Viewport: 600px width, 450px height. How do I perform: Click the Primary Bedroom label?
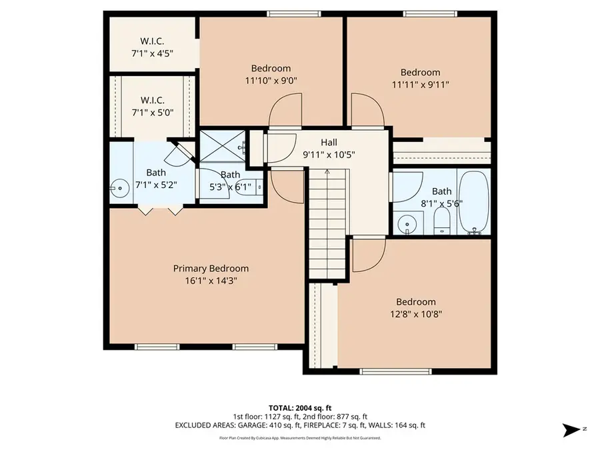coord(211,269)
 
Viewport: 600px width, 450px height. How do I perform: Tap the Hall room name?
coord(329,142)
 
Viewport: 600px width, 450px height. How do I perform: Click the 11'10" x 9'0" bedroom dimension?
coord(271,80)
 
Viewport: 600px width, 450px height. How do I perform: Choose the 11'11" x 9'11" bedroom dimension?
coord(420,85)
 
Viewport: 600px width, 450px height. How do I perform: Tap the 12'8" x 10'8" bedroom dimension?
coord(416,314)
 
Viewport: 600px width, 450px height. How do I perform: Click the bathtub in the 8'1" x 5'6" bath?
coord(473,202)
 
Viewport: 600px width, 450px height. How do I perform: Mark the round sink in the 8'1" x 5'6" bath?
coord(405,222)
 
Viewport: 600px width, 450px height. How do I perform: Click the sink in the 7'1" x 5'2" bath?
coord(120,189)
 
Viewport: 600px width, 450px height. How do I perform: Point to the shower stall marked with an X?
coord(222,145)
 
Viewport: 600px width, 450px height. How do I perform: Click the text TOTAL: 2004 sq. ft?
coord(299,407)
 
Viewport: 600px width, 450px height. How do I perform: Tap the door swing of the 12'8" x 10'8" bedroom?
coord(369,255)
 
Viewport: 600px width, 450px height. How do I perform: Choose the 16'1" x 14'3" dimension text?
coord(211,281)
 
